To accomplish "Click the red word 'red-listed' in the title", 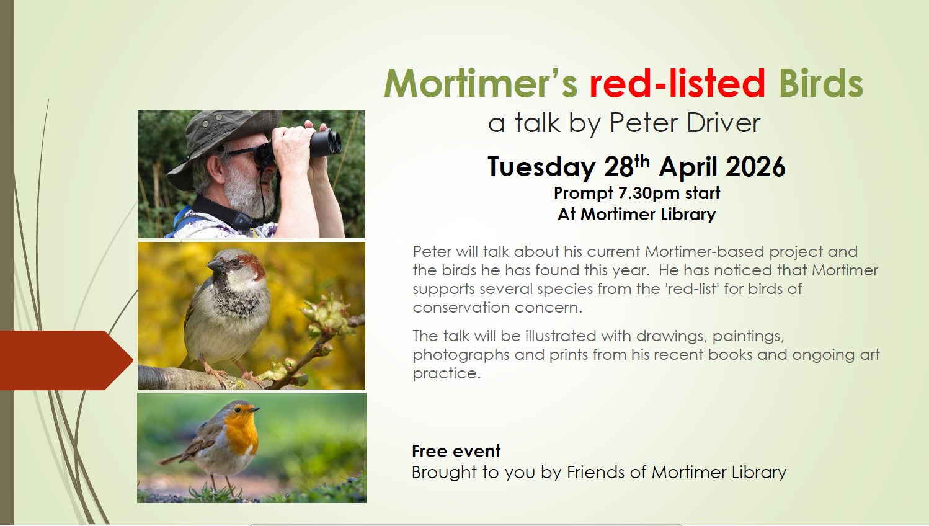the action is [677, 83].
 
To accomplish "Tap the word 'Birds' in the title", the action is [820, 83].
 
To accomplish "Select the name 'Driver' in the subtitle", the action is [723, 123].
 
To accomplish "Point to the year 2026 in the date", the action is [755, 167].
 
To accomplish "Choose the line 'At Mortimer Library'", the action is [637, 215].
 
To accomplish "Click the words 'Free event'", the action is [456, 451].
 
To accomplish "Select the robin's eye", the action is [238, 410].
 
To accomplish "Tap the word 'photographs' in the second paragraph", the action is [461, 355].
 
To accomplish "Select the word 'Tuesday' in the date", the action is [541, 167].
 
